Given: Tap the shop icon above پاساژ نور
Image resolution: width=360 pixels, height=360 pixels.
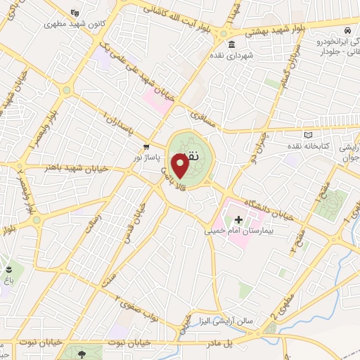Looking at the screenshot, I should (x=146, y=146).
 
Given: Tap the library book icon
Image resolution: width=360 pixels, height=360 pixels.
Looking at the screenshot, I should (x=307, y=135).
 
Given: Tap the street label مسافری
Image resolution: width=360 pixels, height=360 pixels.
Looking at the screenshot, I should (x=198, y=110).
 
